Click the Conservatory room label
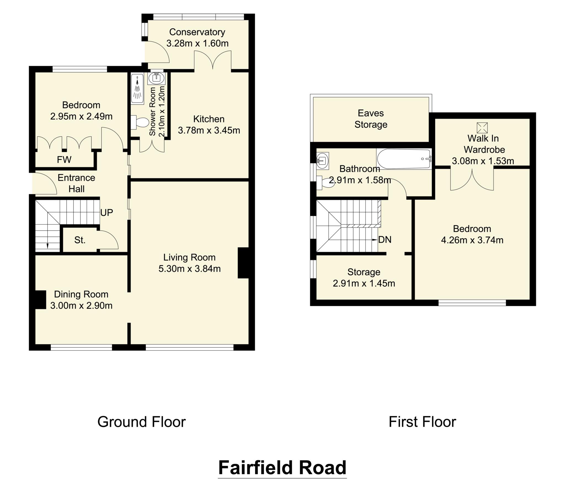click(x=197, y=32)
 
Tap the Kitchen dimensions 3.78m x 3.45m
click(x=209, y=130)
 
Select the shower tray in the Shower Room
click(x=137, y=89)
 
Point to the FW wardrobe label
click(x=64, y=159)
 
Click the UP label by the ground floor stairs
click(x=106, y=213)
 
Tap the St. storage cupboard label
click(x=80, y=240)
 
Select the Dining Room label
click(x=81, y=294)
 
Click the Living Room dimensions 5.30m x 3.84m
click(x=190, y=269)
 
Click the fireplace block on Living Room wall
click(x=243, y=263)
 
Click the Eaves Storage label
click(x=371, y=119)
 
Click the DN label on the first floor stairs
click(x=385, y=240)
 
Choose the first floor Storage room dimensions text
click(x=364, y=283)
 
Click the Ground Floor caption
click(x=142, y=422)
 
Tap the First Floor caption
click(x=422, y=422)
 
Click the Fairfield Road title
click(x=282, y=467)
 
